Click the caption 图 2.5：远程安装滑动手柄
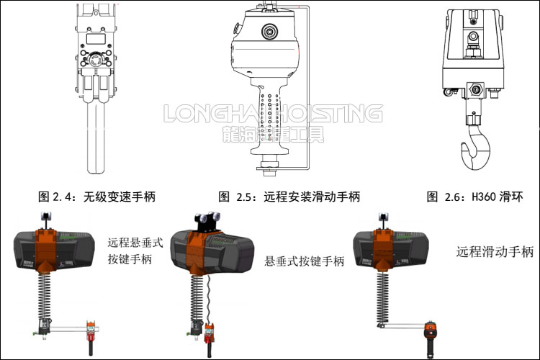tap(289, 196)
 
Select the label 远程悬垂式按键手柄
tap(135, 251)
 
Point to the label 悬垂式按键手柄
tap(304, 261)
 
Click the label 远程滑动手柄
tap(495, 252)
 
